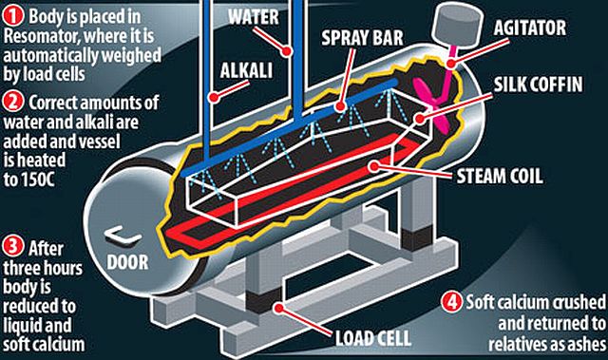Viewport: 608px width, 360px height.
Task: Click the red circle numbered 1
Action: pos(13,17)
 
